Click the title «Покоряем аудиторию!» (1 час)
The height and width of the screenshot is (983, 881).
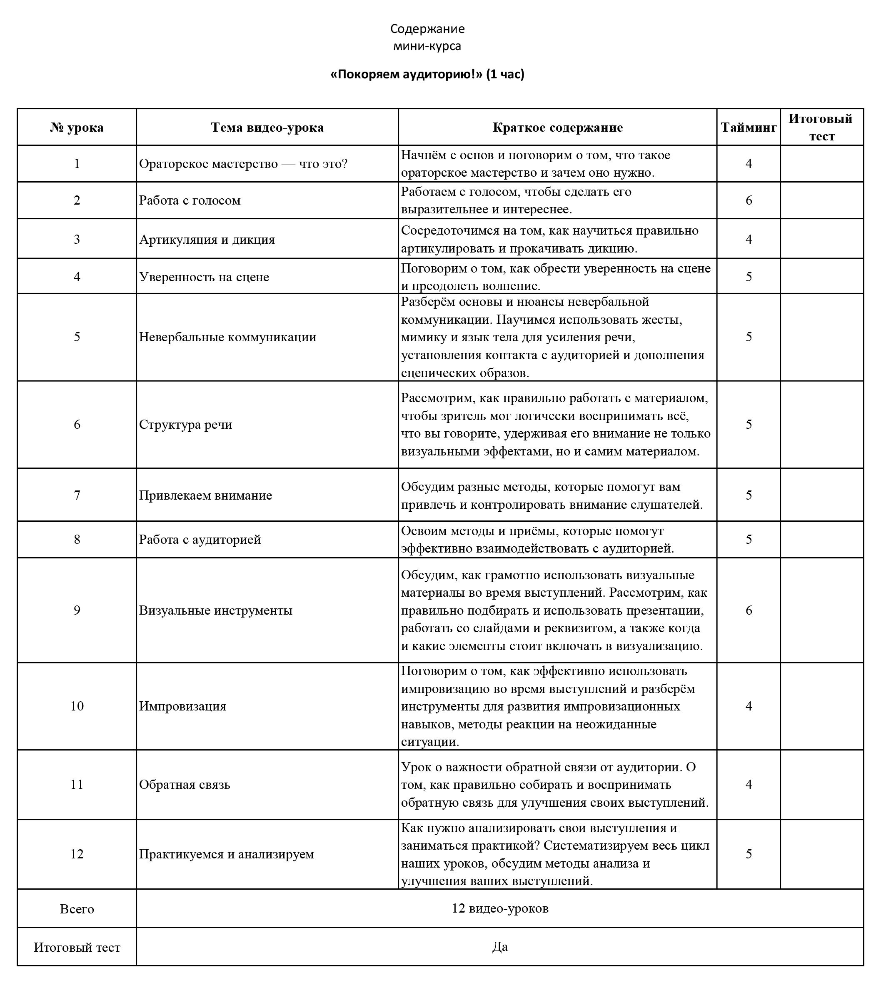point(427,74)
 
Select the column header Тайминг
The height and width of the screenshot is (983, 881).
point(749,128)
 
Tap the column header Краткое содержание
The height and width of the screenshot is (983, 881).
point(558,128)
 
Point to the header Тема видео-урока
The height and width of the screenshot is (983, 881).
point(267,128)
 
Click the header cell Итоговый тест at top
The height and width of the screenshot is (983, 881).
point(821,128)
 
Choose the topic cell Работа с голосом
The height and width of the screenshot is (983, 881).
point(190,200)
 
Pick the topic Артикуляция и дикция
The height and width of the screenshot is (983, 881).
point(207,240)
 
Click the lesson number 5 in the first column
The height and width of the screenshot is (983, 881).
point(77,337)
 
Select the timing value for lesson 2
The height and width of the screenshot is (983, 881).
point(749,200)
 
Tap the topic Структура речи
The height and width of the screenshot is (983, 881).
point(185,425)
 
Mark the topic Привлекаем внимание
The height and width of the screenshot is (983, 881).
point(205,495)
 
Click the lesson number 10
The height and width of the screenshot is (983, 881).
point(77,706)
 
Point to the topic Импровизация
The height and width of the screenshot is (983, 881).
point(182,706)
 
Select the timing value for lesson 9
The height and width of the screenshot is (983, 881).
point(749,610)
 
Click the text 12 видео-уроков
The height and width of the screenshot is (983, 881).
point(500,908)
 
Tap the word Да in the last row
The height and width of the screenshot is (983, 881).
point(500,947)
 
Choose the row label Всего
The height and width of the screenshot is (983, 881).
point(77,909)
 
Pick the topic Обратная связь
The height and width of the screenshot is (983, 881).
point(185,785)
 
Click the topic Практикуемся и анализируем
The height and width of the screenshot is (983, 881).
point(227,854)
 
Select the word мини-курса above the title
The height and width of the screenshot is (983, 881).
point(427,46)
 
